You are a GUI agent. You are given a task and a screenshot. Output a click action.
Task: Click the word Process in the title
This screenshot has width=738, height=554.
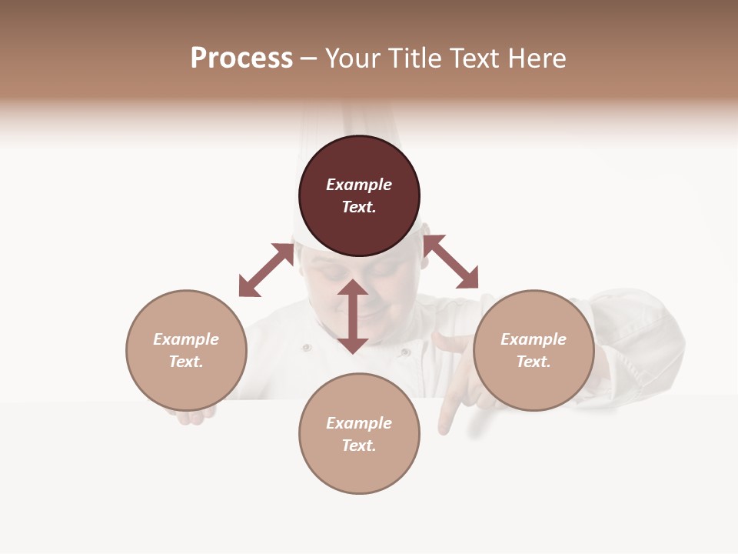coord(241,58)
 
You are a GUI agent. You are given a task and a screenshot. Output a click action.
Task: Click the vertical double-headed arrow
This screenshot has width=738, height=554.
coord(353,316)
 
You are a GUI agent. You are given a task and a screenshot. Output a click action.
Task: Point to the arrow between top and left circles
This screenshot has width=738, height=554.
coord(266,270)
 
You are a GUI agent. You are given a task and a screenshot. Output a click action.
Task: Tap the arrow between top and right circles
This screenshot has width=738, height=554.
coord(450,262)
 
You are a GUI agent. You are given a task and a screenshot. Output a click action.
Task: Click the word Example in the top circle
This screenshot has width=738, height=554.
coord(359,185)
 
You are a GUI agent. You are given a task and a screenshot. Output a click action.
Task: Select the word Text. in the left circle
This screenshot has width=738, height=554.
coord(186,362)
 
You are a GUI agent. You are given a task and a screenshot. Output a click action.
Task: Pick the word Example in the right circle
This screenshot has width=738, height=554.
coord(534,339)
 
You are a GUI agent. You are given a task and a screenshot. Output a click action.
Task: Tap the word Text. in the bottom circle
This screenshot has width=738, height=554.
coord(359,446)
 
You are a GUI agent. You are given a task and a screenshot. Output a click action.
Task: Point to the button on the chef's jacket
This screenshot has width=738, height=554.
coord(307,348)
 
